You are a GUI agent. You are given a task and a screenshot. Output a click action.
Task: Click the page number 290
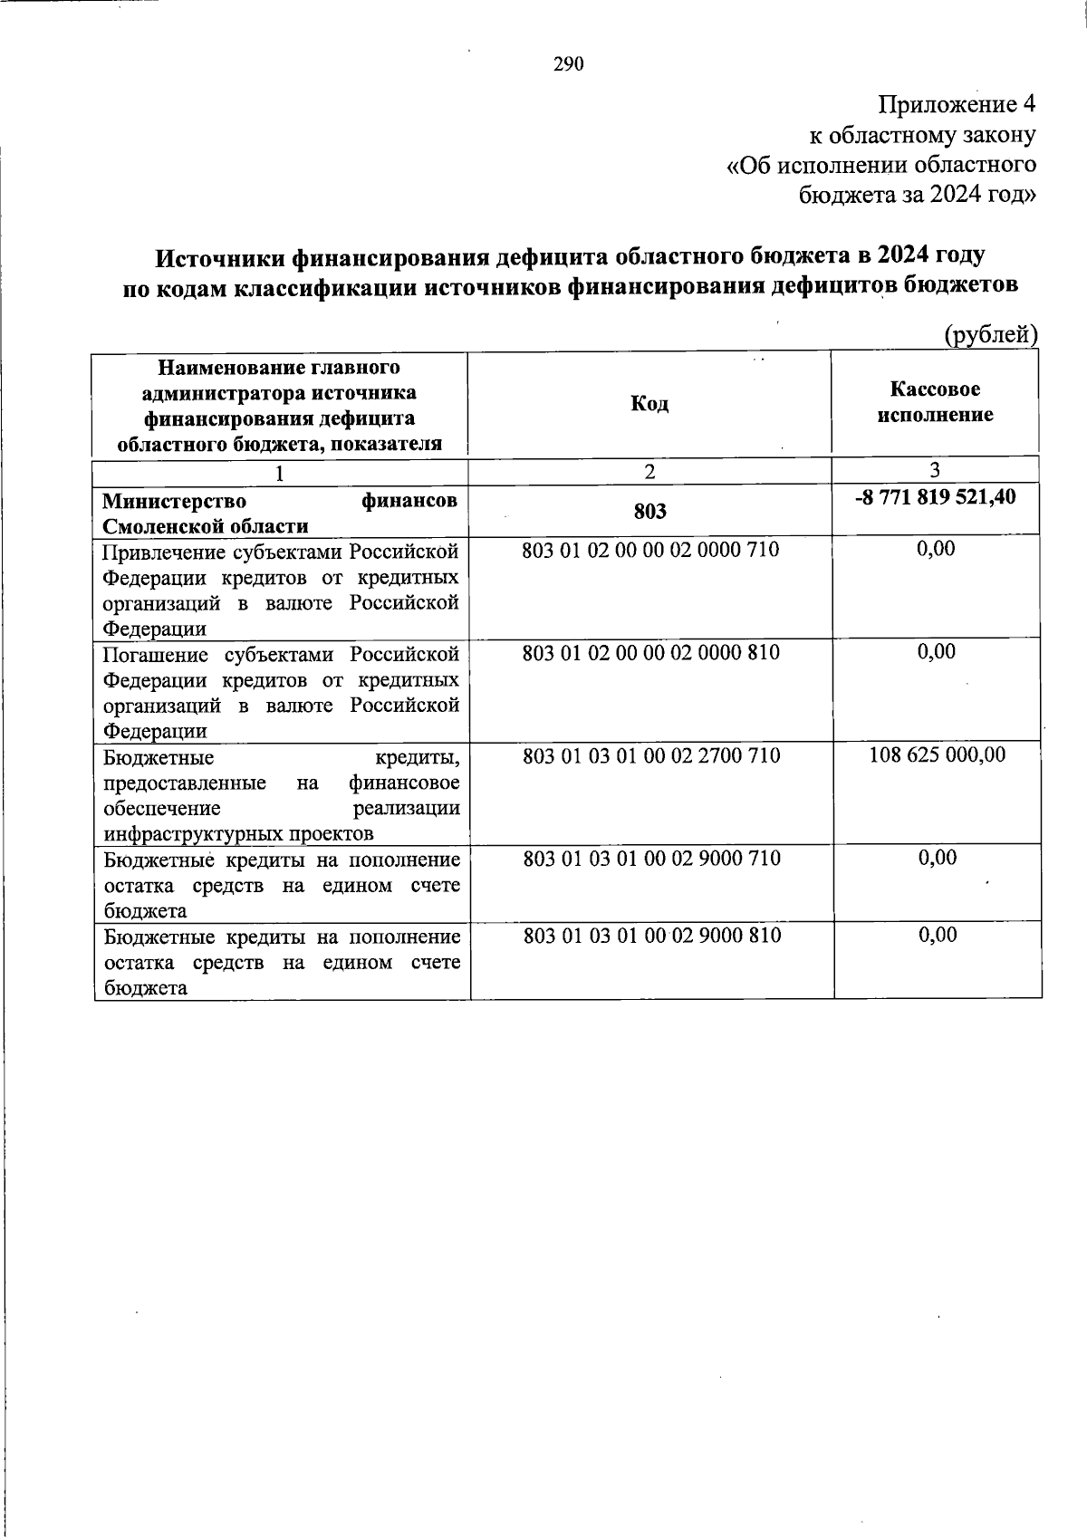pos(569,64)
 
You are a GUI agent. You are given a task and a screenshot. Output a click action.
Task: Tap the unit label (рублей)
pos(990,335)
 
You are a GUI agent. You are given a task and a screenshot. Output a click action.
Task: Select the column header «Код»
pos(649,404)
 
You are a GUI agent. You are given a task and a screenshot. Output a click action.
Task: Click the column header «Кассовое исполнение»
pos(935,402)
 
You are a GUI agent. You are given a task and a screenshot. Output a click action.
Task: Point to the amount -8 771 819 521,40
pos(935,497)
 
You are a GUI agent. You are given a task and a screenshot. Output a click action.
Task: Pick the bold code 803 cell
pos(650,512)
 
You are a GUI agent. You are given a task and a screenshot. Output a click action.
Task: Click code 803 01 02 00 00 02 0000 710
pos(650,550)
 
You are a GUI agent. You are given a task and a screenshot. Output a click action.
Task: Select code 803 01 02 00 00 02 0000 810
pos(650,653)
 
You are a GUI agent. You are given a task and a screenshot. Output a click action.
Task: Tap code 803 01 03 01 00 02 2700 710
pos(651,755)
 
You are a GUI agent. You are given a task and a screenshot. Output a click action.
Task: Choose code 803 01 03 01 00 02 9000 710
pos(651,859)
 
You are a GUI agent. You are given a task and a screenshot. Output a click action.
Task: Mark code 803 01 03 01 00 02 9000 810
pos(651,936)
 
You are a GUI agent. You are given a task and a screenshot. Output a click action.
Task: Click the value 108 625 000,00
pos(937,755)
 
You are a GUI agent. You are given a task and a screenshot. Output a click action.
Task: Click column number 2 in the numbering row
pos(650,471)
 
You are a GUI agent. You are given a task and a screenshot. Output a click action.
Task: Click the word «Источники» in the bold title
pos(220,257)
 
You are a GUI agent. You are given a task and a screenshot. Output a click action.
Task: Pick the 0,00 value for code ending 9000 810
pos(937,936)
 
